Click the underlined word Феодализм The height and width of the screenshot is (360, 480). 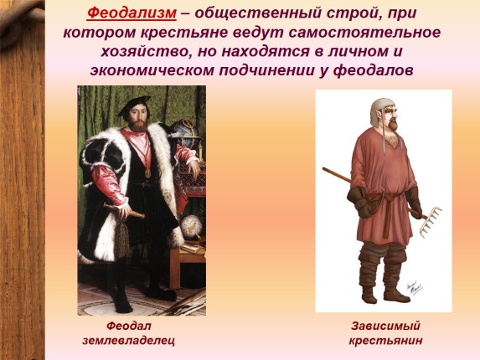132,13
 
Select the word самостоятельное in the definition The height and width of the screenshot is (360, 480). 364,33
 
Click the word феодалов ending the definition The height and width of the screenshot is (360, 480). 373,70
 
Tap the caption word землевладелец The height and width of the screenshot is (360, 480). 128,340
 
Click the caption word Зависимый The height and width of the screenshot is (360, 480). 385,326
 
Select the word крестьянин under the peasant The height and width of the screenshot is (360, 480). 385,340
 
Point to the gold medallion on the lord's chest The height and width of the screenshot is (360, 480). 148,173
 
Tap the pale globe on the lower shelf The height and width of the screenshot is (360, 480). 191,226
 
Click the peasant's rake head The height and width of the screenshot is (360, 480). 431,222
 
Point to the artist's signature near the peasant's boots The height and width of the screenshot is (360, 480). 414,287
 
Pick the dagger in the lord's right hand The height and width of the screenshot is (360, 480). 124,211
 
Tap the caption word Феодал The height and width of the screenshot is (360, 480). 129,326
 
